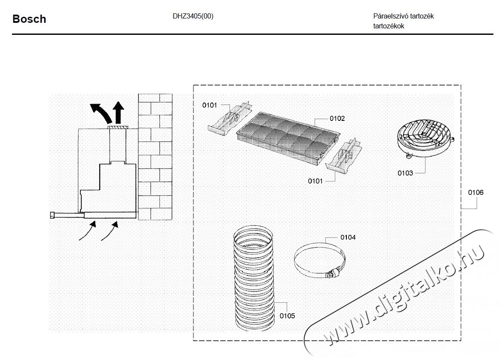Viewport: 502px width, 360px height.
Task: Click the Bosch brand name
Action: [x=29, y=19]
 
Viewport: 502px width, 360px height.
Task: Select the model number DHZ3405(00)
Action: [x=193, y=16]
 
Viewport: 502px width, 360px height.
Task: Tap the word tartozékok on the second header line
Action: [x=389, y=26]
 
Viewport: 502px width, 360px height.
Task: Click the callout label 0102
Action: [x=337, y=118]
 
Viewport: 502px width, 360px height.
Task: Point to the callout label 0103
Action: [x=405, y=173]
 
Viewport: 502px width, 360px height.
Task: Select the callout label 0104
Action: [x=348, y=237]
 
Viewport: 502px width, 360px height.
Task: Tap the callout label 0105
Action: [x=287, y=316]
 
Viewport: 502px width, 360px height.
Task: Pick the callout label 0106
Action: [x=476, y=193]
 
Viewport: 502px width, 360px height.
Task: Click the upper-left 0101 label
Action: [x=210, y=105]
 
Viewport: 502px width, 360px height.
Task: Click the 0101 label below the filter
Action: [x=315, y=181]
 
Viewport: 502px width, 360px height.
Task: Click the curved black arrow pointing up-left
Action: [x=99, y=112]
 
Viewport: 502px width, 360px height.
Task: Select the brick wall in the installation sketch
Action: [x=155, y=155]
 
